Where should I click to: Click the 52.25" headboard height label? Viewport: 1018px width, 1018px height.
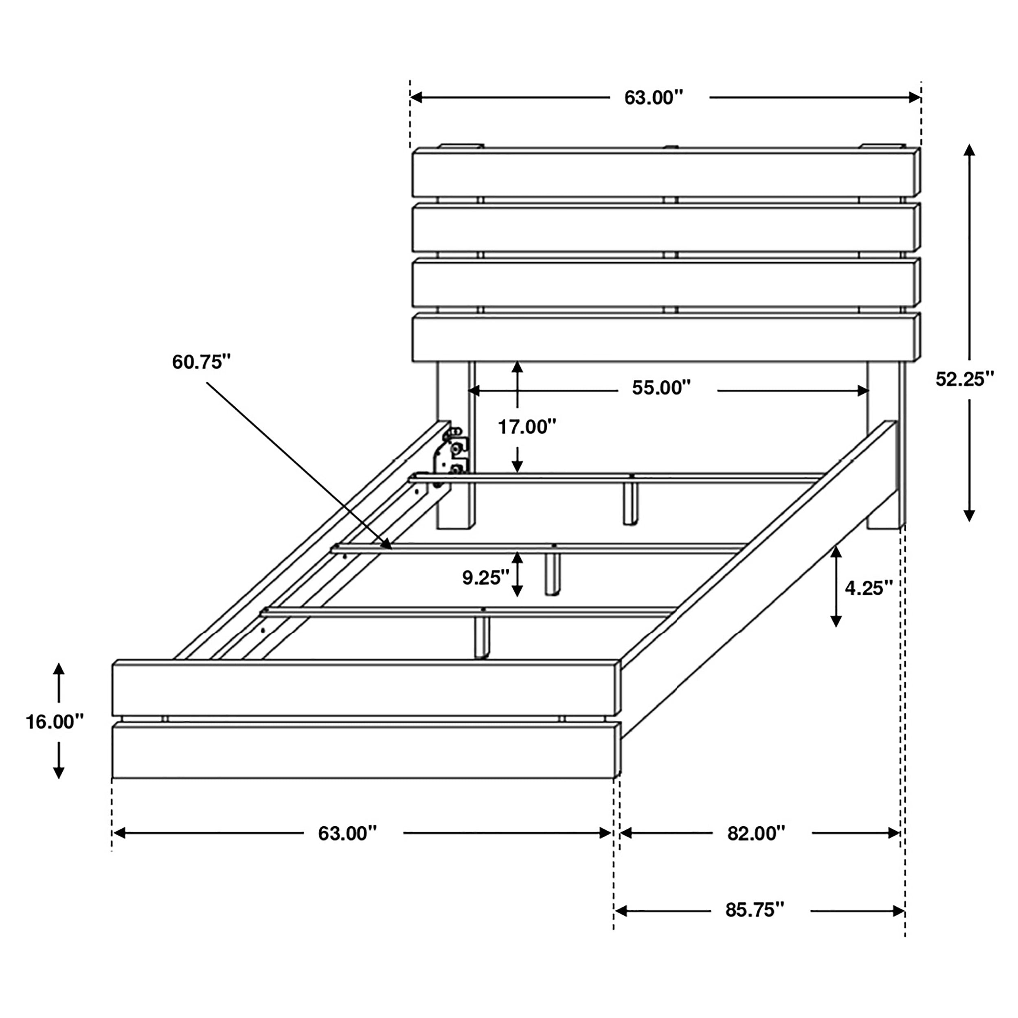[965, 380]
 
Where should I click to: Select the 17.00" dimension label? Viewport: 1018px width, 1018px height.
[527, 427]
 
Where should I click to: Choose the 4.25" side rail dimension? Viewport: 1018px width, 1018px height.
[869, 588]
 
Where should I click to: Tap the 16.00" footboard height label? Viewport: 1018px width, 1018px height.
[55, 722]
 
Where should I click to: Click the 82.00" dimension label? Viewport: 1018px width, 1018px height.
[756, 833]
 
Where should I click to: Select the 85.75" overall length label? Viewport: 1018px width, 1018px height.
[755, 910]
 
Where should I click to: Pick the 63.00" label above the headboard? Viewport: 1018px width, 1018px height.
[654, 97]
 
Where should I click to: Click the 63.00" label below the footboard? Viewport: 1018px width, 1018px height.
[347, 833]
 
